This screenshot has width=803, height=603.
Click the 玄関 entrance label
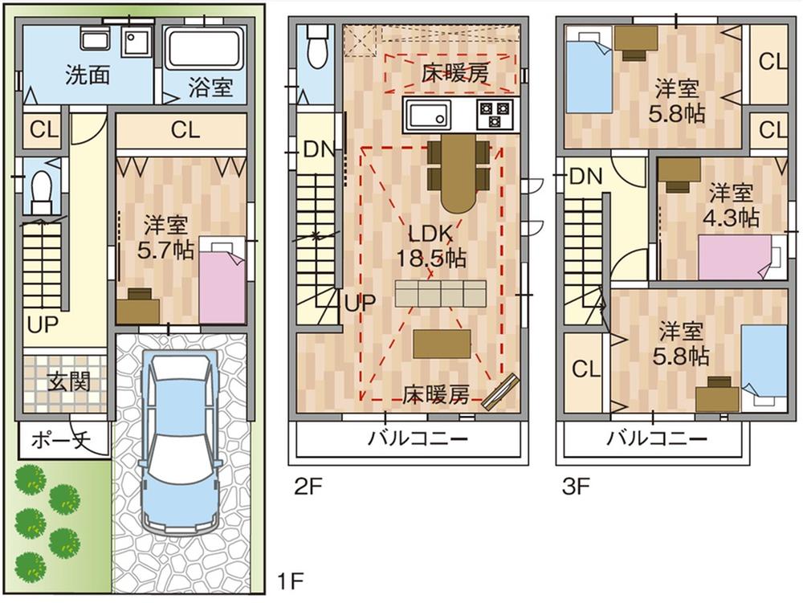(67, 381)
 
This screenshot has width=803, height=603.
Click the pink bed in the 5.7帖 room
(221, 277)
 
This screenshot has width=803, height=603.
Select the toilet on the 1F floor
(38, 189)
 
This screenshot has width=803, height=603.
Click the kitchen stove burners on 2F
(494, 115)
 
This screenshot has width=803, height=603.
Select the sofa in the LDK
(441, 294)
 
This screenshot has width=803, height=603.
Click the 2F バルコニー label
(418, 438)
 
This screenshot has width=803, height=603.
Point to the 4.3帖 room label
(733, 205)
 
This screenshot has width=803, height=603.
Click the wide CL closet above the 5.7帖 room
(184, 129)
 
